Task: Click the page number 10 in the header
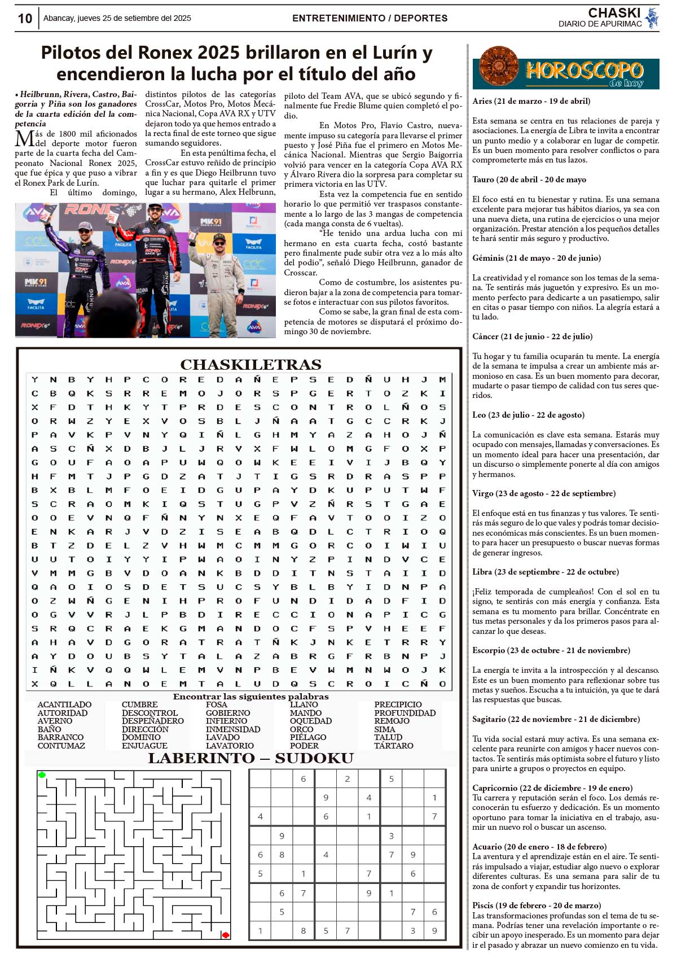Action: pyautogui.click(x=25, y=19)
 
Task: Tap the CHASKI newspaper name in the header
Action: pyautogui.click(x=614, y=13)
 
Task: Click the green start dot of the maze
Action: pyautogui.click(x=42, y=775)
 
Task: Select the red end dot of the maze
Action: pyautogui.click(x=226, y=935)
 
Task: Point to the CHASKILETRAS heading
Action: pyautogui.click(x=250, y=365)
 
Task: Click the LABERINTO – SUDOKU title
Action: pyautogui.click(x=250, y=758)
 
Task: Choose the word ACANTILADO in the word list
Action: pyautogui.click(x=64, y=704)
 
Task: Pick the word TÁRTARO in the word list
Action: pyautogui.click(x=393, y=746)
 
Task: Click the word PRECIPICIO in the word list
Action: pyautogui.click(x=398, y=704)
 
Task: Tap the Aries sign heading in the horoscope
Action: pyautogui.click(x=531, y=102)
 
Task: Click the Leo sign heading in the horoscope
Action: pyautogui.click(x=528, y=415)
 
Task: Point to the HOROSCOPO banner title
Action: pyautogui.click(x=584, y=71)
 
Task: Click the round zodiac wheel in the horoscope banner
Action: pyautogui.click(x=499, y=67)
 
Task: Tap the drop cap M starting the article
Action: pyautogui.click(x=24, y=138)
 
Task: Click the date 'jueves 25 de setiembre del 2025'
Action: pyautogui.click(x=134, y=18)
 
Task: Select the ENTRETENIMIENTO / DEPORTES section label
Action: pyautogui.click(x=370, y=18)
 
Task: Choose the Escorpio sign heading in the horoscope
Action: pyautogui.click(x=551, y=650)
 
